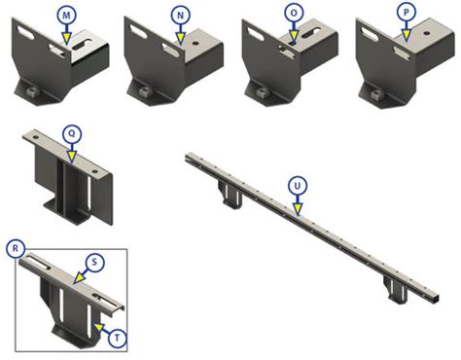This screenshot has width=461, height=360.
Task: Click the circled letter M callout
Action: pos(66,15)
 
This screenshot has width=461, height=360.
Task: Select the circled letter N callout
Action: pos(181,15)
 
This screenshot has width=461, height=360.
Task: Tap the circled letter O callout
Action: pos(294,14)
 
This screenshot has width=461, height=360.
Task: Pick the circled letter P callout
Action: pos(407,13)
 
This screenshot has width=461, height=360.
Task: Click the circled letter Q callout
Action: pos(72,133)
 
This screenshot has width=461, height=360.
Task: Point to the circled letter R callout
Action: pos(16,248)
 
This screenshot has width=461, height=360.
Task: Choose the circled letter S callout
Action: pos(94,262)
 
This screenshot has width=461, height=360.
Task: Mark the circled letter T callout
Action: pos(117,338)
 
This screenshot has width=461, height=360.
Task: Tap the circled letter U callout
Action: pos(298,186)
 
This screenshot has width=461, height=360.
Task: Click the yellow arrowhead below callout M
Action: pos(66,39)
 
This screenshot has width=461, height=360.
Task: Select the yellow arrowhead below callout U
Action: pos(298,209)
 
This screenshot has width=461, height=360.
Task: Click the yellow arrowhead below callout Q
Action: pos(72,157)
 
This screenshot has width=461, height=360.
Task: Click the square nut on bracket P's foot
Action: pos(376,94)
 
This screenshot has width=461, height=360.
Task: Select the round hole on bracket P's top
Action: pos(427,33)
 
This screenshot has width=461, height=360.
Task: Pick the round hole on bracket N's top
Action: pos(195,43)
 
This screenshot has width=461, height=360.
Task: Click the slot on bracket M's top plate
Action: pos(82,46)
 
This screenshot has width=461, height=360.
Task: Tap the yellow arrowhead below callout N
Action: pos(181,39)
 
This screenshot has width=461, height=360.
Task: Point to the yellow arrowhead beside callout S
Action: pos(78,278)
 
